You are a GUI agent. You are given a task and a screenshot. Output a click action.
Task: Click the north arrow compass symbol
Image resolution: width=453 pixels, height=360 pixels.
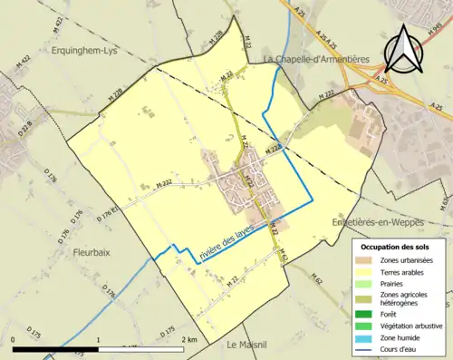tap(403, 50)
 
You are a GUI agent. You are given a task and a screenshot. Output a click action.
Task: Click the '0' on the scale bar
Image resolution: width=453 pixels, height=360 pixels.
tap(14, 339)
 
